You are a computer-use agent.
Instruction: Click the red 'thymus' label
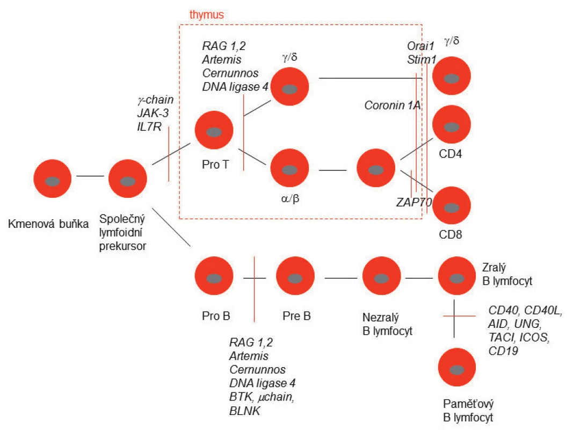pyautogui.click(x=206, y=15)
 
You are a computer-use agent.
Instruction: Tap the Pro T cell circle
pyautogui.click(x=214, y=130)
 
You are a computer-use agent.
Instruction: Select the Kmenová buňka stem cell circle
pyautogui.click(x=53, y=178)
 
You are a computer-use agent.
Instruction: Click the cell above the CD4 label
pyautogui.click(x=451, y=125)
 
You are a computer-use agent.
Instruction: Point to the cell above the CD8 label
pyautogui.click(x=451, y=205)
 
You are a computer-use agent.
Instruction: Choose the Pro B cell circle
pyautogui.click(x=214, y=276)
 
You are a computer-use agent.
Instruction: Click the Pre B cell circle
pyautogui.click(x=295, y=276)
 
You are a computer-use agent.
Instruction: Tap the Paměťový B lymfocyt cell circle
pyautogui.click(x=457, y=367)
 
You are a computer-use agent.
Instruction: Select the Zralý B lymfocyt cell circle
pyautogui.click(x=457, y=276)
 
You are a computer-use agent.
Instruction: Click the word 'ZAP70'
pyautogui.click(x=414, y=202)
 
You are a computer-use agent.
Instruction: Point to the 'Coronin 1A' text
pyautogui.click(x=393, y=105)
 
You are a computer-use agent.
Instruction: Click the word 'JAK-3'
pyautogui.click(x=153, y=113)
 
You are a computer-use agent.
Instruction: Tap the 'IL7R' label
pyautogui.click(x=149, y=127)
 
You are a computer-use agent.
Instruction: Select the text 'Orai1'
pyautogui.click(x=420, y=46)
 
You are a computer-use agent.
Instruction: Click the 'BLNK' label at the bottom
pyautogui.click(x=244, y=410)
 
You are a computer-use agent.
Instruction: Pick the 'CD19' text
pyautogui.click(x=503, y=351)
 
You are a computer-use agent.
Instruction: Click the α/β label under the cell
pyautogui.click(x=290, y=199)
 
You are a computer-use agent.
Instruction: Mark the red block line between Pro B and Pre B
pyautogui.click(x=254, y=289)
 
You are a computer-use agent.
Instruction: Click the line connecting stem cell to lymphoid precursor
pyautogui.click(x=90, y=176)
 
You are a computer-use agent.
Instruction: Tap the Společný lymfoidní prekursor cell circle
pyautogui.click(x=128, y=178)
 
